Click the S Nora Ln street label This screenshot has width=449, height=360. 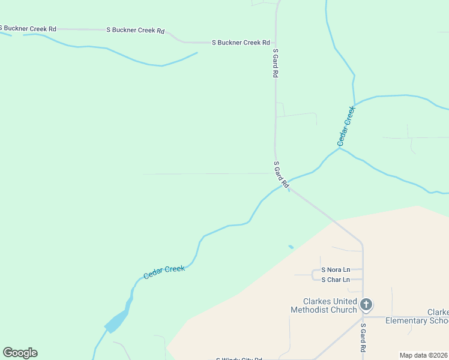coord(336,270)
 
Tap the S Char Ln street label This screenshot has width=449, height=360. coord(336,280)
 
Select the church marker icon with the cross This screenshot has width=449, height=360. coord(366,305)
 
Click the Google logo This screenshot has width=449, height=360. coord(20,353)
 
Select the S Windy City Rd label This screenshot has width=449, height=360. coord(240,359)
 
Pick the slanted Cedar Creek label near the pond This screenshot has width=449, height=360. coord(164,272)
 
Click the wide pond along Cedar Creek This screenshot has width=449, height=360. coord(118,321)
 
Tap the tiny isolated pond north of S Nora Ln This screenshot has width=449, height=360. coord(291,247)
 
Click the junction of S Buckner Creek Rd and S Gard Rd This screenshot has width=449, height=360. coord(276,43)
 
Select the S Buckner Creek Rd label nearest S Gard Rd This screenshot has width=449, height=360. coord(241,43)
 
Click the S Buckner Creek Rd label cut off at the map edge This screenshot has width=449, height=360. coord(28,28)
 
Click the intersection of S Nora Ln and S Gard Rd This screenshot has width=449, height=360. coord(363,270)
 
